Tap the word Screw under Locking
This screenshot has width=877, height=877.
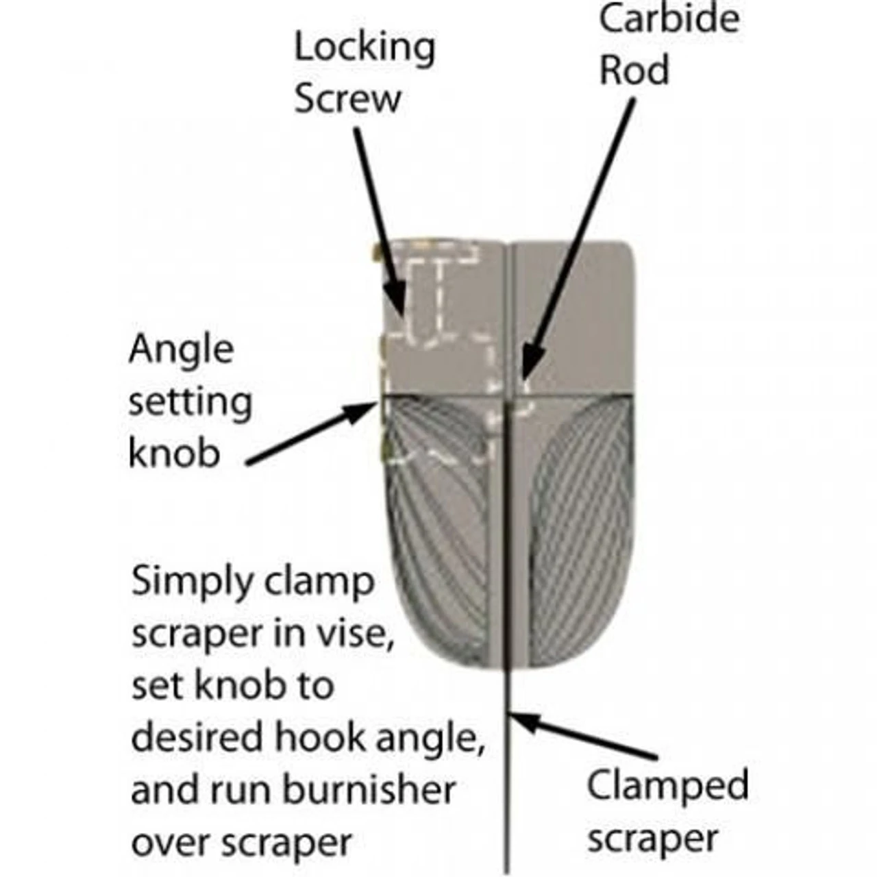coord(347,99)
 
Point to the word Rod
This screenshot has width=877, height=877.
coord(634,70)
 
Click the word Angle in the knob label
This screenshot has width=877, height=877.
coord(182,351)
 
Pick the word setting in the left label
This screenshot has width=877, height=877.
coord(190,402)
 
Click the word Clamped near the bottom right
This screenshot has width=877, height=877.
coord(667,786)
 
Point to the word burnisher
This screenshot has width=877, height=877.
coord(369,789)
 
